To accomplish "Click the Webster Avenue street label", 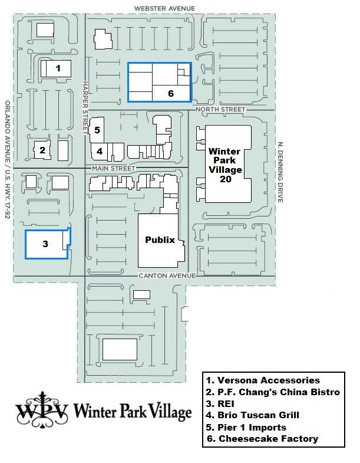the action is [x=164, y=9].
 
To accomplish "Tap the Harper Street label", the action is [x=85, y=107].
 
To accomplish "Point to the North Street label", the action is [x=220, y=110].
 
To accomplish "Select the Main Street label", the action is [x=114, y=168].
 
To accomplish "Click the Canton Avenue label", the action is [x=167, y=275].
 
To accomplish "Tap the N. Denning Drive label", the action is [x=280, y=172].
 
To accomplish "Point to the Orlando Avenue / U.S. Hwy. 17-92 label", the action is [x=8, y=160].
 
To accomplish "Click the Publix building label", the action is [x=160, y=240].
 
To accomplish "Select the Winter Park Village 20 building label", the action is [x=225, y=165].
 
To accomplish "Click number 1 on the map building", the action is [x=58, y=68].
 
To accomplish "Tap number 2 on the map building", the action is [x=42, y=150].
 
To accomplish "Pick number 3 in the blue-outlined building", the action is [x=45, y=244].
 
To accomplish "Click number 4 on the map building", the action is [x=100, y=152].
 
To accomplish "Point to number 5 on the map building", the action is [x=97, y=130].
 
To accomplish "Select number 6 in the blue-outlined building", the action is [x=171, y=94].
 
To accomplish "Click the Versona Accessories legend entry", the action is [x=263, y=380].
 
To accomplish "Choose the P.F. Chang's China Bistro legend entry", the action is [x=273, y=392].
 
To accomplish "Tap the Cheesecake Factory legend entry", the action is [x=263, y=439].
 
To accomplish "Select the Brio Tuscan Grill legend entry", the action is [x=253, y=415].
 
